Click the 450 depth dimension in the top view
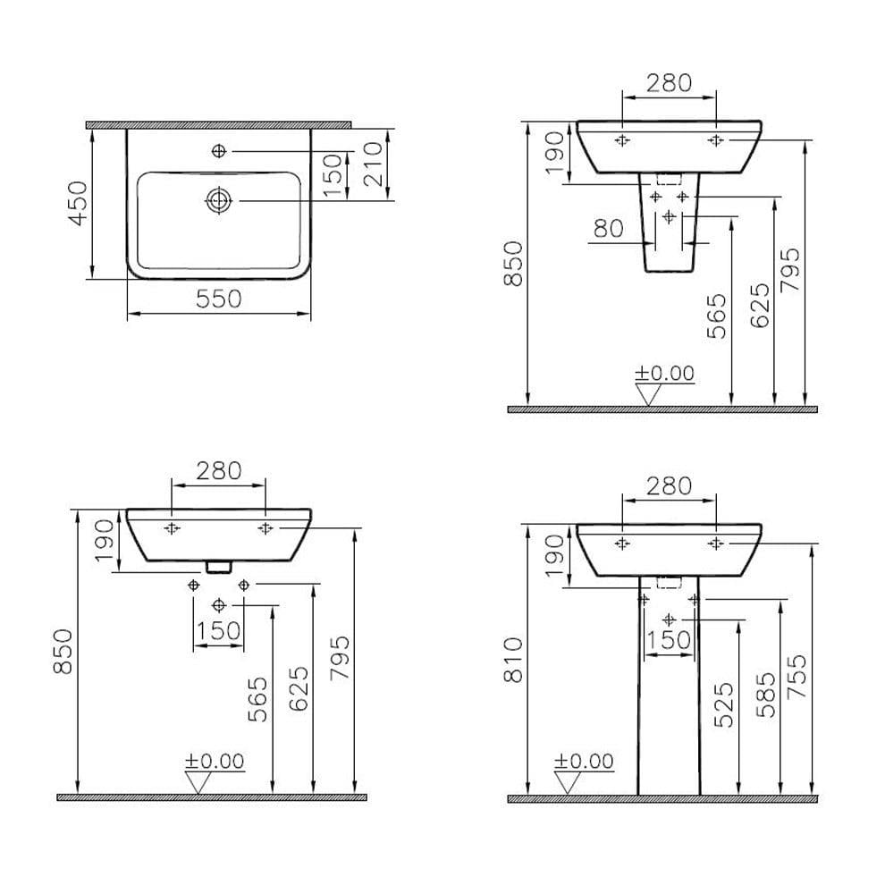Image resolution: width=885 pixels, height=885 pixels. (x=79, y=203)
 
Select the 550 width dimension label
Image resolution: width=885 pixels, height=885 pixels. (x=218, y=299)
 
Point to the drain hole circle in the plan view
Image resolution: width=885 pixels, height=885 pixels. (x=218, y=201)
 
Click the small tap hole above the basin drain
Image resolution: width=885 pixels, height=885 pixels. (x=218, y=152)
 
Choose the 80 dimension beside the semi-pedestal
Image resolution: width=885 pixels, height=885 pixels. (x=608, y=229)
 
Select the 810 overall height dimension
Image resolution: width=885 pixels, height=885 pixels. (x=513, y=661)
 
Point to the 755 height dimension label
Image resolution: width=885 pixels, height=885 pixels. (x=798, y=677)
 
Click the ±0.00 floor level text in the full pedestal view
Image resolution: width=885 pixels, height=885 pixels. (x=584, y=761)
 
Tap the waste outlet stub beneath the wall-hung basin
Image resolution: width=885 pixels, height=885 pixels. (x=218, y=566)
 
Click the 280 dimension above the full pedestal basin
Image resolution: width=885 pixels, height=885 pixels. (x=669, y=486)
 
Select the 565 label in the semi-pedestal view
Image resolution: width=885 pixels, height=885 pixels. (x=717, y=316)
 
